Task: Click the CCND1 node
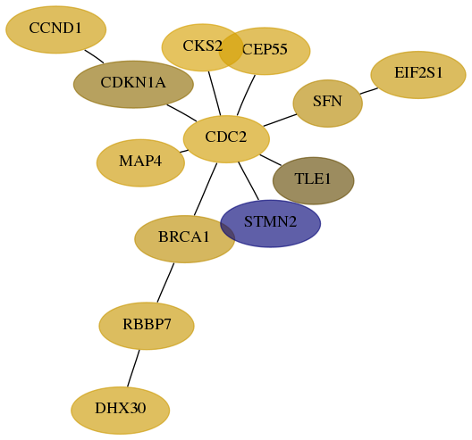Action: [56, 29]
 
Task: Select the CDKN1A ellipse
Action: [133, 84]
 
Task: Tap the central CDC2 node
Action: [226, 139]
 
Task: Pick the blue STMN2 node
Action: [270, 224]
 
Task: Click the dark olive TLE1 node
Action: [314, 180]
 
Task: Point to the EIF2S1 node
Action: [418, 75]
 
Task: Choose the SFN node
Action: [327, 104]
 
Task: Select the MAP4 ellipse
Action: [140, 162]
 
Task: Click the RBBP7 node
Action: [147, 326]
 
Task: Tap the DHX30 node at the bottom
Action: [121, 411]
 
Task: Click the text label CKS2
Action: [202, 46]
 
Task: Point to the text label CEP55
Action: [265, 49]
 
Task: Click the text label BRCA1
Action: [183, 237]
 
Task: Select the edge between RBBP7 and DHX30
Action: [133, 369]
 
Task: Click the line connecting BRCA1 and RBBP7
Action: [165, 283]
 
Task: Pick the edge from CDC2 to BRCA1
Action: [206, 189]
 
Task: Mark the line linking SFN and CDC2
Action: [280, 120]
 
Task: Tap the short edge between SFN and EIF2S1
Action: [368, 91]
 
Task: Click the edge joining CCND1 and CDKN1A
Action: [94, 56]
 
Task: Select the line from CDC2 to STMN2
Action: [249, 181]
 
